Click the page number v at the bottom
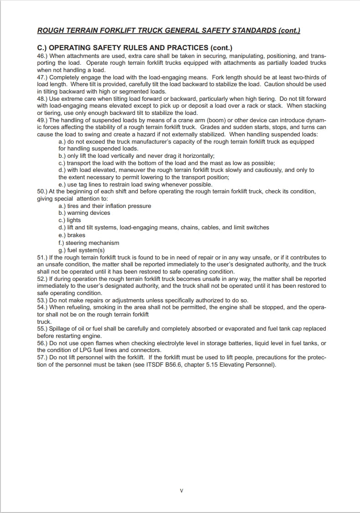[x=181, y=491]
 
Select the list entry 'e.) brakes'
[x=72, y=235]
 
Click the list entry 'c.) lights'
[x=69, y=220]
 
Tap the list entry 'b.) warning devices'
[x=84, y=213]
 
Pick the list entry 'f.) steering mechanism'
[x=89, y=243]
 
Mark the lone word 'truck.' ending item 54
[x=44, y=321]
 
